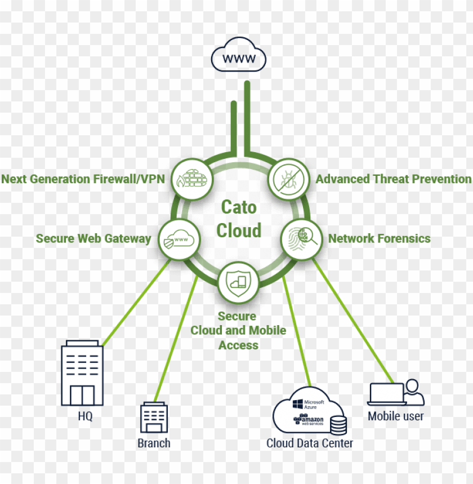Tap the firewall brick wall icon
pos(191,179)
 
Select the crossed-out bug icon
pos(287,179)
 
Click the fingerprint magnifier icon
pos(301,238)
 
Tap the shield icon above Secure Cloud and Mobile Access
pos(238,282)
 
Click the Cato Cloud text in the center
pos(239,219)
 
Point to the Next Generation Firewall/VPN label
pos(83,179)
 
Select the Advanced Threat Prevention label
pos(393,179)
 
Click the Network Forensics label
pos(379,238)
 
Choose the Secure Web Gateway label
pos(93,239)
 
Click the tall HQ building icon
pos(82,373)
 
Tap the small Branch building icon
pos(154,418)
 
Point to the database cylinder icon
pos(338,425)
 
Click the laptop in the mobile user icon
pos(386,394)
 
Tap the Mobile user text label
pos(395,416)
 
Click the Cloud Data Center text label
pos(310,443)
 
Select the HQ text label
pos(85,418)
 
